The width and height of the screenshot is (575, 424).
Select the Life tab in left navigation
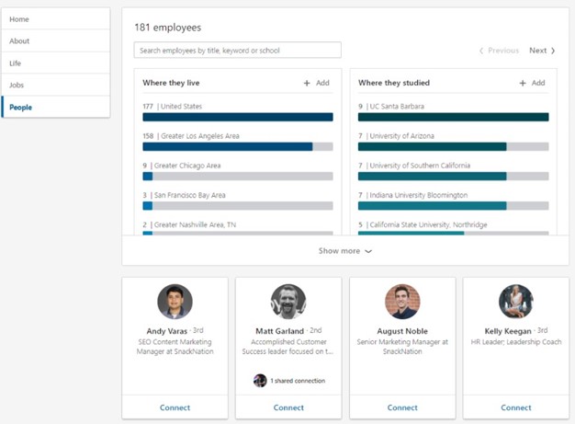[16, 63]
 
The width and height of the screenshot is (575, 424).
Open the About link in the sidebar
[19, 41]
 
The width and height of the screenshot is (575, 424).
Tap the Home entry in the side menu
[18, 19]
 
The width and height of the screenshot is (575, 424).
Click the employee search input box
[237, 50]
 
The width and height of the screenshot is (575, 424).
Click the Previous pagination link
[499, 51]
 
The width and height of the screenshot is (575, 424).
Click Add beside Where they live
[316, 83]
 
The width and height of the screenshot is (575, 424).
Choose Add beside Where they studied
[532, 83]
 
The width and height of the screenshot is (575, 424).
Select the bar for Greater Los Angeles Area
[237, 146]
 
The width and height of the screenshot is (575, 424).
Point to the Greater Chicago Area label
[189, 166]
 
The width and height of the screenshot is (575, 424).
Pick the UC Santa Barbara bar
[453, 117]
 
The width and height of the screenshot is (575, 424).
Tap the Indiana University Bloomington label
[418, 195]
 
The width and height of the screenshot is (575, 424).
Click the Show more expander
[344, 251]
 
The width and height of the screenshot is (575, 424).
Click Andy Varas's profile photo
[175, 302]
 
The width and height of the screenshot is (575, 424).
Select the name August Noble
[402, 331]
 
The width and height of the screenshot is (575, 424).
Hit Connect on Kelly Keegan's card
[516, 407]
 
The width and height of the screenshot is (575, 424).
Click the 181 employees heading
[167, 28]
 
